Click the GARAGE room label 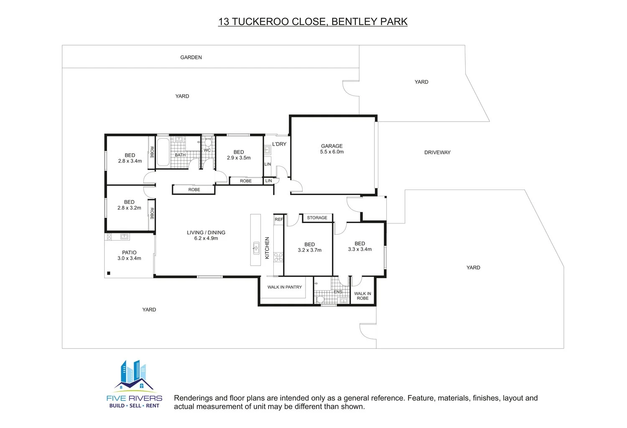click(332, 146)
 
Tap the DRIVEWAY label click(437, 152)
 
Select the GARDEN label click(191, 57)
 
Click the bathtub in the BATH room click(163, 152)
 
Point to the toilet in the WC click(208, 142)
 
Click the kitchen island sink click(256, 248)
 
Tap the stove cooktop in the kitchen click(278, 257)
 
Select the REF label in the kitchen click(279, 220)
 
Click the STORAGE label click(317, 218)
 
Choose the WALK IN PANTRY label click(285, 287)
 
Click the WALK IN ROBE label click(362, 296)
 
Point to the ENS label click(338, 292)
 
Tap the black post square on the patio click(109, 273)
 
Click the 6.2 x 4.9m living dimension click(206, 238)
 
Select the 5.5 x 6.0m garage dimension click(332, 152)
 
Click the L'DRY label click(279, 144)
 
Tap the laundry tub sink click(268, 150)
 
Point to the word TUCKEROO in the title click(261, 22)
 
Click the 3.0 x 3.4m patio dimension click(129, 258)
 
